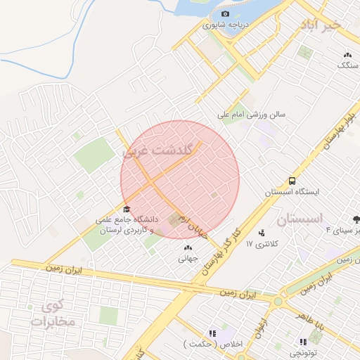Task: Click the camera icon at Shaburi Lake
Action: click(225, 13)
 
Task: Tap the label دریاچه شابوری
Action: click(226, 25)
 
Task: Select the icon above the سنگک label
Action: click(347, 54)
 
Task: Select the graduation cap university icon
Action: click(127, 208)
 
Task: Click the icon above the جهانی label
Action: click(187, 247)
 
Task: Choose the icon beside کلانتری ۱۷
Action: click(262, 233)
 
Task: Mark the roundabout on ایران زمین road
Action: click(278, 301)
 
